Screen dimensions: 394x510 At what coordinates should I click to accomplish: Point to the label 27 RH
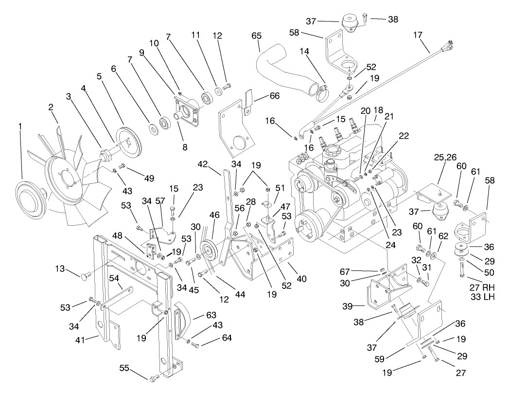click(482, 287)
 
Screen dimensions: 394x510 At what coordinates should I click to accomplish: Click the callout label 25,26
click(444, 159)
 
